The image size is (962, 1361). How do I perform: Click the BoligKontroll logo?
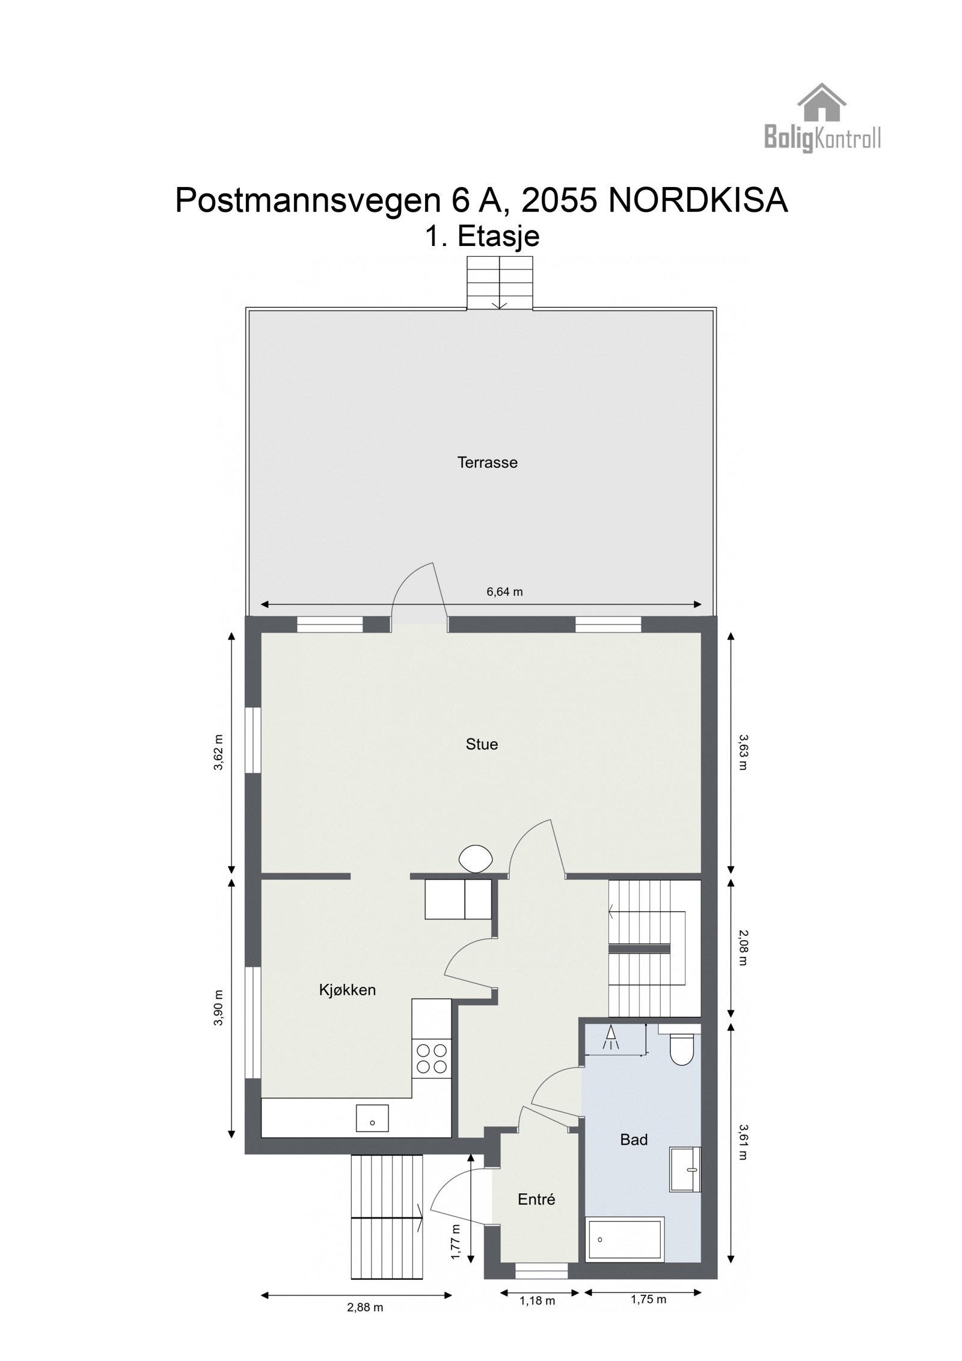822,119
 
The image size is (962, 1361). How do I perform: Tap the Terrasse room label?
487,462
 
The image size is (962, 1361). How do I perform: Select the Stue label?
482,744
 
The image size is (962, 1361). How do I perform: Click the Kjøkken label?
347,989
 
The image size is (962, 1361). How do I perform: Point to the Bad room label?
634,1139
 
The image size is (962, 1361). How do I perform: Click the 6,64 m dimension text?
504,592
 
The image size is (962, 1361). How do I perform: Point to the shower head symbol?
610,1036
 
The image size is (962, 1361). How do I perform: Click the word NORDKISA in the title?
697,201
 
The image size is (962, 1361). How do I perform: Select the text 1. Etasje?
482,236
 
